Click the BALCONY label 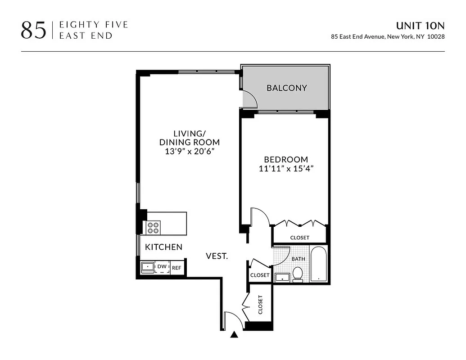click(286, 88)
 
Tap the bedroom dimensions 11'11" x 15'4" click(286, 169)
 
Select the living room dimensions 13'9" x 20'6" click(190, 152)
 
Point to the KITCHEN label click(163, 247)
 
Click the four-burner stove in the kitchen click(154, 227)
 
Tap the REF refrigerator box click(176, 268)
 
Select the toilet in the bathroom click(298, 274)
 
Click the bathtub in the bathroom click(319, 264)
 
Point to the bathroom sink click(282, 277)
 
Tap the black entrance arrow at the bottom click(234, 334)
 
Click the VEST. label click(217, 256)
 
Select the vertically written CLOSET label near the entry click(260, 305)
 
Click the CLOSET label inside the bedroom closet click(299, 238)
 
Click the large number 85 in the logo click(33, 30)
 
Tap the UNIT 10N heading click(420, 26)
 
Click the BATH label click(298, 259)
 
